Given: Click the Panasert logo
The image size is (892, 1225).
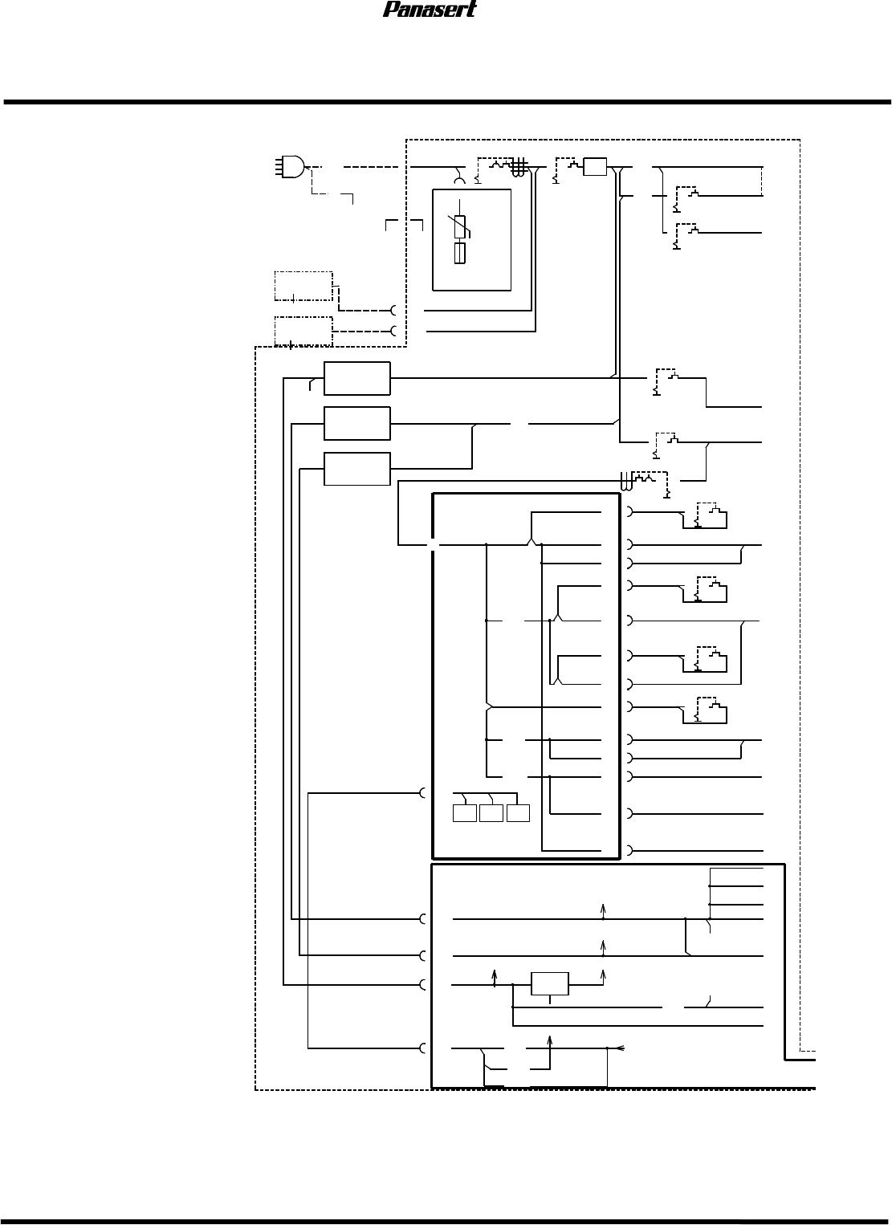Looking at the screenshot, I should (x=430, y=10).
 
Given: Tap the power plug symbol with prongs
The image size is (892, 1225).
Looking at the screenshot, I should (x=290, y=166).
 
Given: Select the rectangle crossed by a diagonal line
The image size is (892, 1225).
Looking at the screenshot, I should (x=460, y=227).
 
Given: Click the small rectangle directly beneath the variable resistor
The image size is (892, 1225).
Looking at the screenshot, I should (x=460, y=254).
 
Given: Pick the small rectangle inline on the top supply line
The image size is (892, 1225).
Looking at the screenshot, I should (x=595, y=167).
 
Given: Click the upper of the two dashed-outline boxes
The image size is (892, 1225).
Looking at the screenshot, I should (x=303, y=286).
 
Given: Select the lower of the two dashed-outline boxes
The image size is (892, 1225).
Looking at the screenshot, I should (x=303, y=331).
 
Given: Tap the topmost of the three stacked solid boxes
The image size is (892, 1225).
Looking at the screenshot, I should (x=356, y=378).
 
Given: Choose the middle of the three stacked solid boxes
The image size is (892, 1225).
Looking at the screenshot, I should (x=356, y=423).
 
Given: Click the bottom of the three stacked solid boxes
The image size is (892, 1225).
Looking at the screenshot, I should (x=356, y=469).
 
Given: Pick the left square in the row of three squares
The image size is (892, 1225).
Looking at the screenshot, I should (x=464, y=812).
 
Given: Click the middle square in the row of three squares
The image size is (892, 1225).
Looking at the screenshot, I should (x=491, y=812).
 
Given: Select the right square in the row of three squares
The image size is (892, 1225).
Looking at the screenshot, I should (x=518, y=812).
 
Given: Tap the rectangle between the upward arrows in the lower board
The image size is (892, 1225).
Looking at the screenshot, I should (x=550, y=983).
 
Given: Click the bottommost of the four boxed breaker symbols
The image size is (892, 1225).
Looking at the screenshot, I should (x=707, y=710).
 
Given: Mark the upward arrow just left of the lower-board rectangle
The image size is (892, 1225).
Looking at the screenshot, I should (x=494, y=976).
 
